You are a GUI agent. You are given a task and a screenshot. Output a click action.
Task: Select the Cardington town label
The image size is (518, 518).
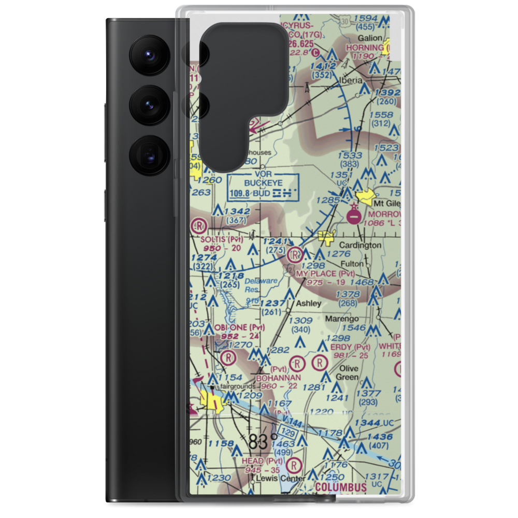pos(360,245)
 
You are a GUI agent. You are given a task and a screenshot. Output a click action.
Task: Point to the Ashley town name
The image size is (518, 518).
pos(308,303)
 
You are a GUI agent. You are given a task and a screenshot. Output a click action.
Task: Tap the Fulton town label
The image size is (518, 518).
pos(352,263)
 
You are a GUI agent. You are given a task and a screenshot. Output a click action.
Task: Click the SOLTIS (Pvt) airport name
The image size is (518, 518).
pos(221,239)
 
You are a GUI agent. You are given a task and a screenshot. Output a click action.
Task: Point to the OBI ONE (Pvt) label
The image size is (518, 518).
pos(239,327)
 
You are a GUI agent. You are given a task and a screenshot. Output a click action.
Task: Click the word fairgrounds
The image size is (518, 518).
pos(238,386)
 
